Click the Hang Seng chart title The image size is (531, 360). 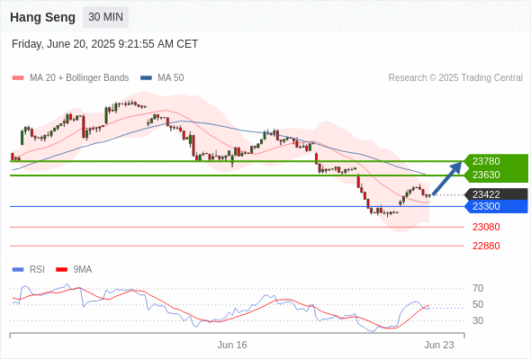(x=42, y=17)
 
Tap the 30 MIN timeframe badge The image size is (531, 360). (x=105, y=17)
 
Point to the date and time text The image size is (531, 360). (x=104, y=44)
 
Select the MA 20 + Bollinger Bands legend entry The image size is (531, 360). (x=70, y=78)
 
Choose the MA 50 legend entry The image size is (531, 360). (x=162, y=78)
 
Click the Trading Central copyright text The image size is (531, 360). (x=455, y=78)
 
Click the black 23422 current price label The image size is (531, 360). (x=496, y=194)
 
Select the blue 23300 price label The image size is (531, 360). (x=496, y=206)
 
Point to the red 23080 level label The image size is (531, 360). (x=486, y=227)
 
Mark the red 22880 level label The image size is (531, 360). (x=486, y=246)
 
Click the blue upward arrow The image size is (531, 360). (x=447, y=178)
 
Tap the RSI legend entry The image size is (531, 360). (x=29, y=270)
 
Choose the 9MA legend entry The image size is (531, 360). (x=74, y=270)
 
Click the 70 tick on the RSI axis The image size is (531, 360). (x=478, y=289)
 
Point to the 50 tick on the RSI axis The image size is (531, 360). (x=478, y=304)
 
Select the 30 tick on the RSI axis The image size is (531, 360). (x=478, y=320)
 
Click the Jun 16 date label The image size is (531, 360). (x=232, y=345)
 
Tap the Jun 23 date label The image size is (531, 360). (x=439, y=345)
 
